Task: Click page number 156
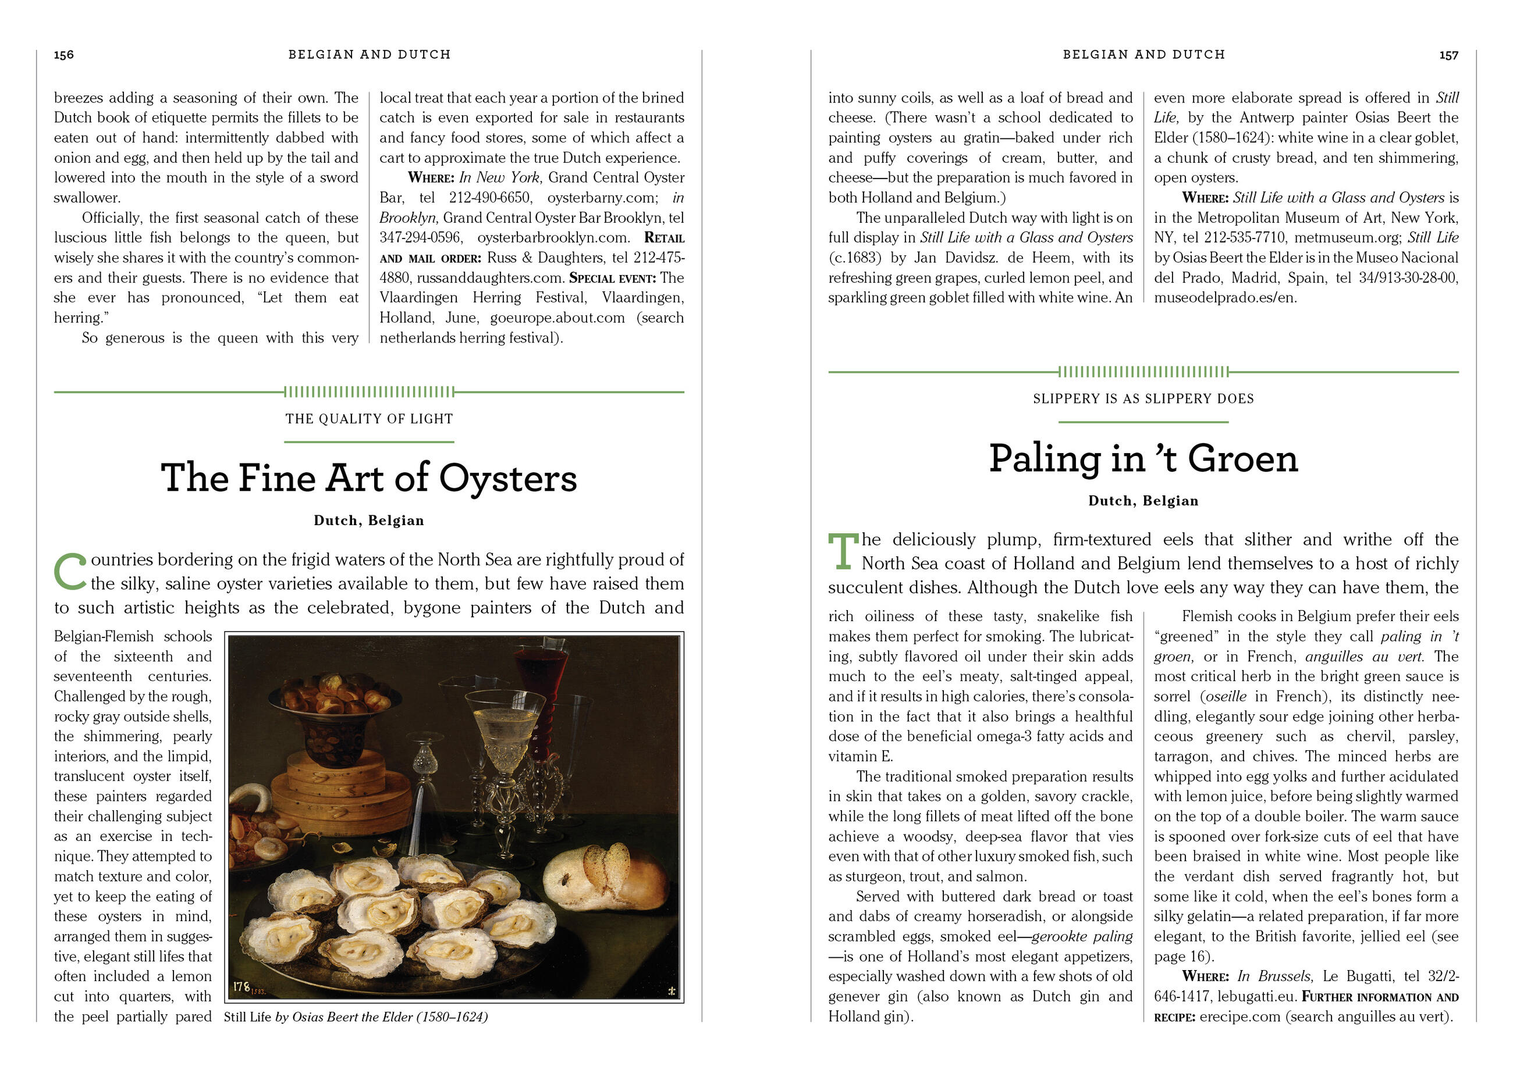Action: click(64, 55)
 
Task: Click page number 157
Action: click(1448, 55)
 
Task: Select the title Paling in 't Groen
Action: click(1142, 459)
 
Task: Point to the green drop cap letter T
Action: click(842, 551)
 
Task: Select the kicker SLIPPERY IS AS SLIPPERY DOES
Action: click(1142, 399)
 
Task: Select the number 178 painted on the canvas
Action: click(241, 987)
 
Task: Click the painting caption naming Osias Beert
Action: click(356, 1017)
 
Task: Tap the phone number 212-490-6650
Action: click(490, 198)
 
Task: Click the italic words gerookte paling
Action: click(1082, 936)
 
